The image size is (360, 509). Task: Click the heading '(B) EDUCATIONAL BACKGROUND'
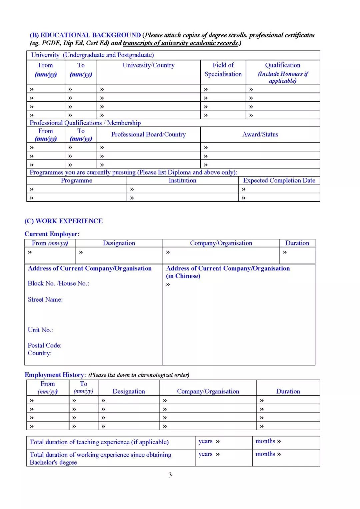pyautogui.click(x=85, y=35)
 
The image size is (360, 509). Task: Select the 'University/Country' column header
pyautogui.click(x=148, y=65)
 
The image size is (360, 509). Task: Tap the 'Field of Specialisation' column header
pyautogui.click(x=223, y=70)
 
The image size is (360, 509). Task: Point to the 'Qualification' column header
pyautogui.click(x=283, y=65)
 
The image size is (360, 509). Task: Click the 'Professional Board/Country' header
pyautogui.click(x=148, y=134)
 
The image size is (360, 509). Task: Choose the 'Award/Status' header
pyautogui.click(x=260, y=134)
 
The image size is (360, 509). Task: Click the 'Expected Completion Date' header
pyautogui.click(x=279, y=180)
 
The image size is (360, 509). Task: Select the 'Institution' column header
pyautogui.click(x=182, y=180)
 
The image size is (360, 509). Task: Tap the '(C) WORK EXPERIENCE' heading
pyautogui.click(x=63, y=221)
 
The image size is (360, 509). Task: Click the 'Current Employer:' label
pyautogui.click(x=52, y=234)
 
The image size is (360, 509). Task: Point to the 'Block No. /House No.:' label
pyautogui.click(x=58, y=283)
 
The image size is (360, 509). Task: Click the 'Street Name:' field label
pyautogui.click(x=45, y=300)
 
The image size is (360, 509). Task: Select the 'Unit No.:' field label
pyautogui.click(x=40, y=330)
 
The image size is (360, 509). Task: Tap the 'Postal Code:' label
pyautogui.click(x=44, y=345)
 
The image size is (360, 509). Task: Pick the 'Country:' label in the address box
pyautogui.click(x=39, y=353)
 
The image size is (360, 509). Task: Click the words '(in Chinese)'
pyautogui.click(x=183, y=276)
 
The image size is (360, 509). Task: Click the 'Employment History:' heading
pyautogui.click(x=55, y=375)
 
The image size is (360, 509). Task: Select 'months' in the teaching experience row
pyautogui.click(x=265, y=441)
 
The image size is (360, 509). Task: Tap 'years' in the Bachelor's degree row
pyautogui.click(x=205, y=454)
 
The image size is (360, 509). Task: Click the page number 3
pyautogui.click(x=170, y=475)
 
